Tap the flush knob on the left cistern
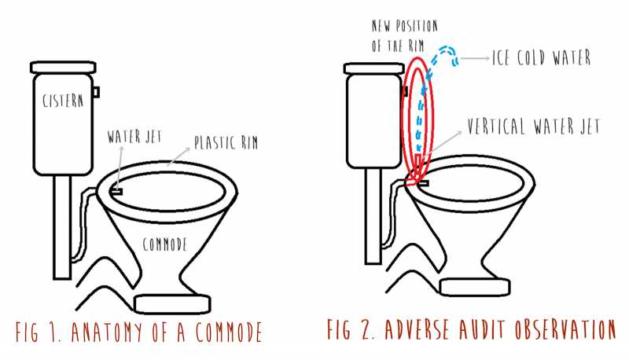point(96,92)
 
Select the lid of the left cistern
point(62,65)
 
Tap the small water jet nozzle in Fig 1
point(115,190)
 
